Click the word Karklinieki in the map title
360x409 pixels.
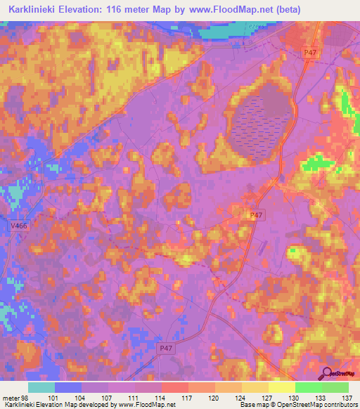pos(33,9)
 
